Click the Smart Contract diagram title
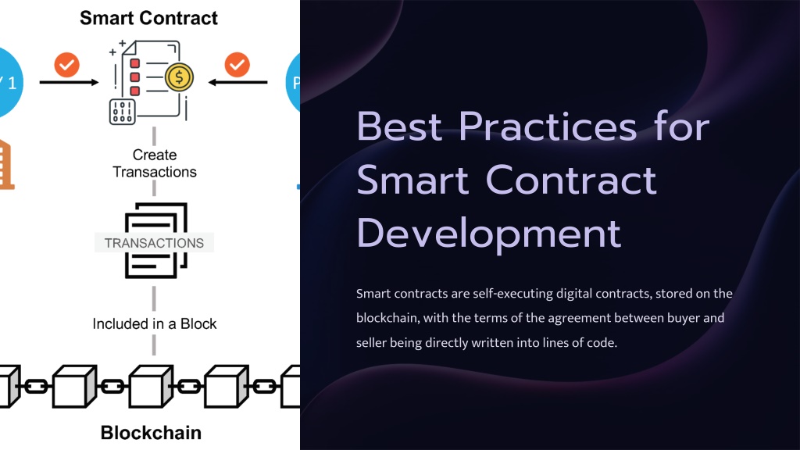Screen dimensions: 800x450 click(148, 18)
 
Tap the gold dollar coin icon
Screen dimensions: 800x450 click(179, 77)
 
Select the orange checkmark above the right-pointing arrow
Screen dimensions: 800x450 click(67, 65)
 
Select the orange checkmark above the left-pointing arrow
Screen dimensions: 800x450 click(237, 65)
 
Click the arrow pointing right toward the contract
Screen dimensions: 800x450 click(69, 82)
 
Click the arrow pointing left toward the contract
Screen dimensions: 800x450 click(237, 82)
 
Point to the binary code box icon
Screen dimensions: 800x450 click(123, 111)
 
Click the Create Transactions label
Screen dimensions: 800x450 click(155, 163)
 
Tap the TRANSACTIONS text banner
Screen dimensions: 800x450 click(154, 243)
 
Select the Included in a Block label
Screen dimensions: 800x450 click(155, 324)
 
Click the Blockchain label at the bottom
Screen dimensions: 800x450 click(151, 433)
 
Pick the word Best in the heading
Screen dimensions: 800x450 click(399, 127)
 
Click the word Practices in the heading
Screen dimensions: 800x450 click(548, 127)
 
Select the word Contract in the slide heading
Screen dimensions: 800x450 click(571, 180)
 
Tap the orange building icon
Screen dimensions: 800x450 click(5, 164)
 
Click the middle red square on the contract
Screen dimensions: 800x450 click(134, 77)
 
